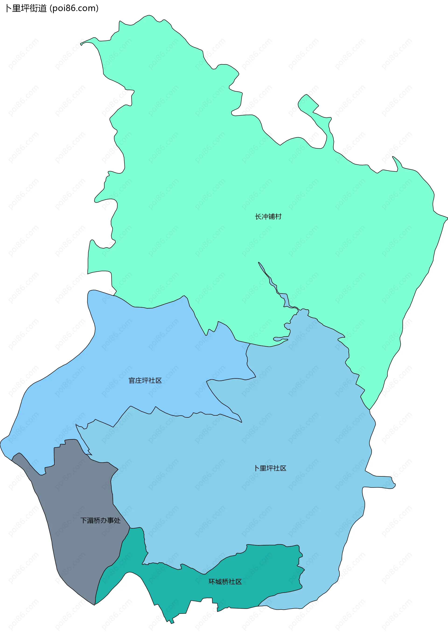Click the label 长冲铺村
click(x=268, y=217)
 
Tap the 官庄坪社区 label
click(x=145, y=380)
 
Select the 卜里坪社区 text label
click(x=270, y=468)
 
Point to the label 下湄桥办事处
click(x=100, y=521)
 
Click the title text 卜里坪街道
click(x=26, y=8)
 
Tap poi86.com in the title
click(x=74, y=8)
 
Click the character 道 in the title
click(x=42, y=8)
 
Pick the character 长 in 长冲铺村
click(x=258, y=217)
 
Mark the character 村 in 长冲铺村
click(x=278, y=217)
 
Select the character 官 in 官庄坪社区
click(x=132, y=380)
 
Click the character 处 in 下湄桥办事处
click(x=117, y=521)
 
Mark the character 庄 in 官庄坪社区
click(x=138, y=380)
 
